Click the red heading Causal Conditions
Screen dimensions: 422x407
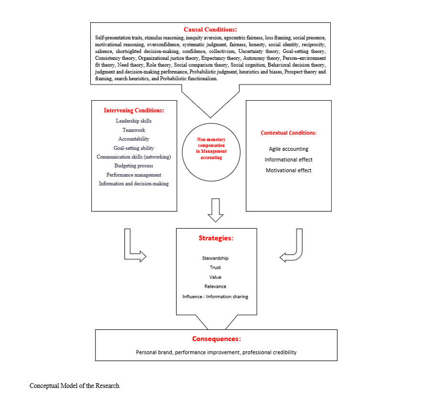(x=210, y=30)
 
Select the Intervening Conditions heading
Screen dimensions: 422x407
(x=134, y=110)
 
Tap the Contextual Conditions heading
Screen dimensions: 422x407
(x=289, y=133)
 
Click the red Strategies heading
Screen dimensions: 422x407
(x=216, y=238)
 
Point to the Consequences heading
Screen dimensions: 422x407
(x=216, y=339)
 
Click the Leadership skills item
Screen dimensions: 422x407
(x=134, y=121)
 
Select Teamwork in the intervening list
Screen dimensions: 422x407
(x=134, y=130)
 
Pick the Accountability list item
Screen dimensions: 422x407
(x=134, y=139)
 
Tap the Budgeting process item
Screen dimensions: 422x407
(x=134, y=166)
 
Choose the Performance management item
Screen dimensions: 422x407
(x=134, y=175)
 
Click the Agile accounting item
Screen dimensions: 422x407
(x=289, y=149)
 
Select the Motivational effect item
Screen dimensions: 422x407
(x=289, y=170)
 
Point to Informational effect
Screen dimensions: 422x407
(x=289, y=159)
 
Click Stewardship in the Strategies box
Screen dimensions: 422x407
(x=216, y=258)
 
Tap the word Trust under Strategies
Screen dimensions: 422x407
(x=216, y=268)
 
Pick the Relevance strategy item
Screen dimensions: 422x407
(x=216, y=286)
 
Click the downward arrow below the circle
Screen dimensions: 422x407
(x=216, y=210)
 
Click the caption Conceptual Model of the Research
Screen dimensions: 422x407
(x=74, y=386)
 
